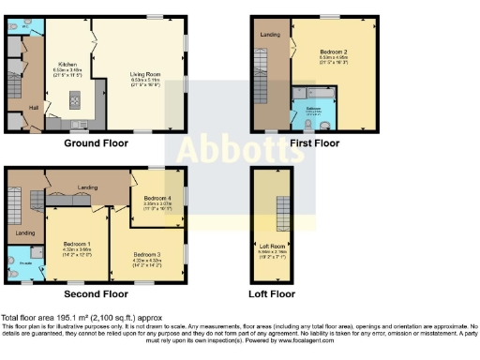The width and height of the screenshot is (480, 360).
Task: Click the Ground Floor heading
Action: [x=96, y=144]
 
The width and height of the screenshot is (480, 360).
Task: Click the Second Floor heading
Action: [x=96, y=279]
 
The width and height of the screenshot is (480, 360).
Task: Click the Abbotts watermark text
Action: [x=240, y=150]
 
